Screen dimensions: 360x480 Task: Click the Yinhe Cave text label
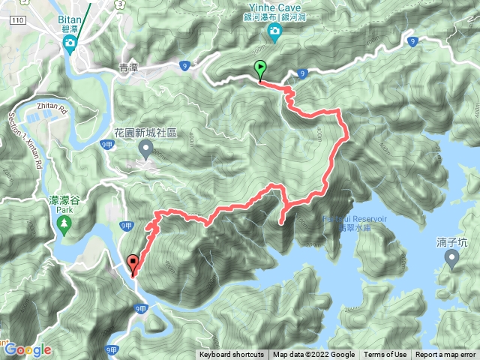(274, 7)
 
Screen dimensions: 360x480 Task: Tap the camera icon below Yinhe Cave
(274, 30)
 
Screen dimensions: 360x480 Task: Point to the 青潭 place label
(129, 67)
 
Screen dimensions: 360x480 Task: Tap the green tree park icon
(63, 223)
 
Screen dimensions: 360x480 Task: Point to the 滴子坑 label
(451, 243)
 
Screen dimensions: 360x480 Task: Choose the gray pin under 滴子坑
(451, 259)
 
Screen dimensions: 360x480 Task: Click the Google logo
(27, 349)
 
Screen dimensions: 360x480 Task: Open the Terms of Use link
(385, 355)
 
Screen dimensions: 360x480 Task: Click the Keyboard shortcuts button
(232, 355)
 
